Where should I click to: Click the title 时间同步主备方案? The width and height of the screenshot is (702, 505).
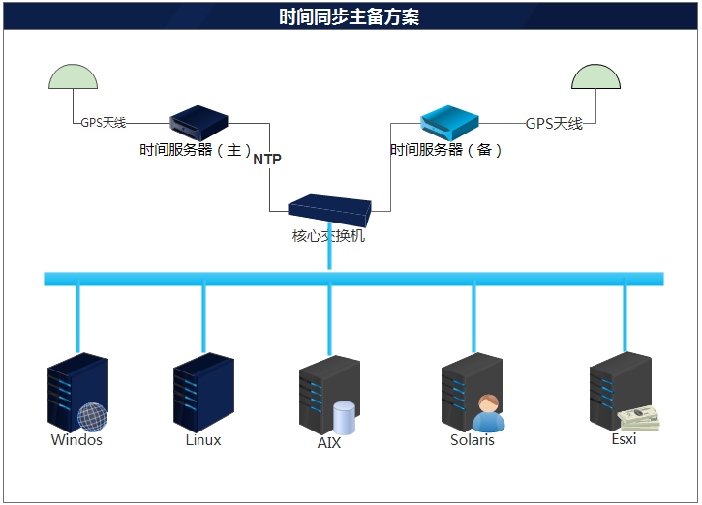[x=350, y=17]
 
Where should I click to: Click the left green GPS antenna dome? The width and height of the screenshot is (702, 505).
[x=74, y=78]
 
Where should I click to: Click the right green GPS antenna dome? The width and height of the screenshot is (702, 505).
[x=596, y=78]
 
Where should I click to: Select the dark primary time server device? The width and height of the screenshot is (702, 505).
[x=198, y=121]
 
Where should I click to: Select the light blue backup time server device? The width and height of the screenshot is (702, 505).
[x=449, y=121]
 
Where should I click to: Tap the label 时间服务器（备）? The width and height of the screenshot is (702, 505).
[x=446, y=151]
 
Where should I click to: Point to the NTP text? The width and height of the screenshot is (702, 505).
[x=267, y=160]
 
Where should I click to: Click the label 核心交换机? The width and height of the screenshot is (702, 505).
[x=329, y=235]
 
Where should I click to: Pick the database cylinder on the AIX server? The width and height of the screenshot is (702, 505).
[x=345, y=418]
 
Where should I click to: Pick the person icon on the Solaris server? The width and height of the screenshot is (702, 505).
[x=488, y=413]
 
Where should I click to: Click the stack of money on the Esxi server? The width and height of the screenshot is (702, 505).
[x=639, y=418]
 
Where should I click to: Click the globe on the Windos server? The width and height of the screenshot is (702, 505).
[x=92, y=417]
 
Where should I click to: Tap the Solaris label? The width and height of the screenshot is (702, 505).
[x=473, y=440]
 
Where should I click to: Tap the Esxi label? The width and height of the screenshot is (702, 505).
[x=624, y=439]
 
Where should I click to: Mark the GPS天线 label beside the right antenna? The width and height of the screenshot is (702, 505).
[x=554, y=124]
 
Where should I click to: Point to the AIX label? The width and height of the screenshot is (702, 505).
[x=329, y=443]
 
